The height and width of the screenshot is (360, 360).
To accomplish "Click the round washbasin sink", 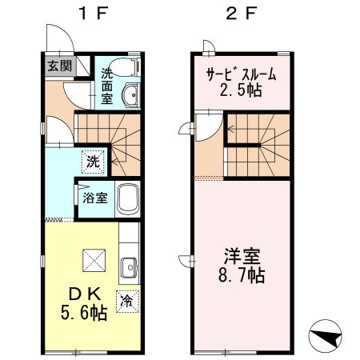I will (130, 98).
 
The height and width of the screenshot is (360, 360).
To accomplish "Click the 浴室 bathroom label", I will (95, 198).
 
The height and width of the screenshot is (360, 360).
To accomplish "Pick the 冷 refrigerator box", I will (126, 302).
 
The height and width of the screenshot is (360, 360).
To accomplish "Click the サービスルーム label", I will (242, 75).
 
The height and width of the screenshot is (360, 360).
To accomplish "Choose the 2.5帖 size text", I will (242, 91).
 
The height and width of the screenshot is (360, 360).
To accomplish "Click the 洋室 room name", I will (242, 257).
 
